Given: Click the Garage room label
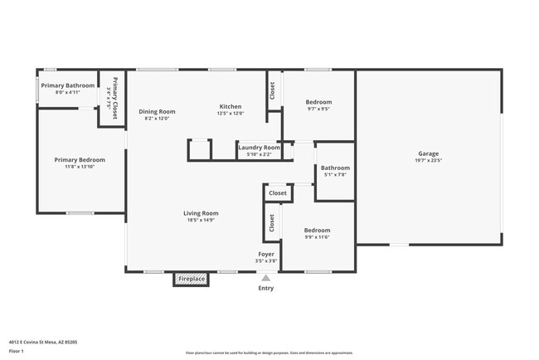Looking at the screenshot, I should (428, 153).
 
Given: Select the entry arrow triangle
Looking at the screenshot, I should (265, 278).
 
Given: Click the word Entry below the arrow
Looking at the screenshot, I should (265, 289).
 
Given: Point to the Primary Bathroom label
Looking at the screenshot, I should (68, 85).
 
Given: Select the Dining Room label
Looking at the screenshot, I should (157, 111).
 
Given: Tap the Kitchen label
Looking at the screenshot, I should (230, 106).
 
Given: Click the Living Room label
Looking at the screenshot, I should (201, 213).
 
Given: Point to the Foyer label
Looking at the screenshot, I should (266, 254).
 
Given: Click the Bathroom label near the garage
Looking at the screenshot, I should (335, 168).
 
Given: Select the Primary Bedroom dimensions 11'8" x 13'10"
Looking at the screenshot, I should (80, 168).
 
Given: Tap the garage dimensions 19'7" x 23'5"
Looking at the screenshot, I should (428, 161).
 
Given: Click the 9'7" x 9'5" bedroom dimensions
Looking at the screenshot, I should (318, 109).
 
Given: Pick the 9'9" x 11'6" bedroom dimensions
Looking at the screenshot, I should (317, 237).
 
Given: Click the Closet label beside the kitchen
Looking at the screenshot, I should (271, 90).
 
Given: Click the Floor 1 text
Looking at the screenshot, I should (17, 351).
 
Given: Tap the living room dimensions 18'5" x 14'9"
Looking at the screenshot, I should (201, 221).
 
